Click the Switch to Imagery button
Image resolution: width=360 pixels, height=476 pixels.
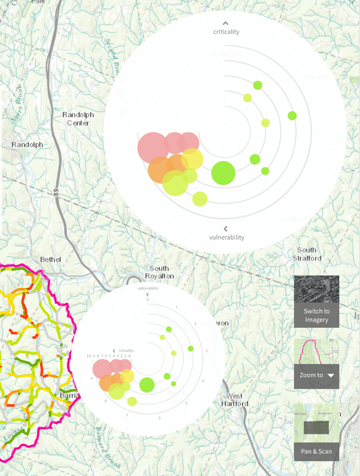pyautogui.click(x=316, y=315)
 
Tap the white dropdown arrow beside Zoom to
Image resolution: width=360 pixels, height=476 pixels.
pyautogui.click(x=331, y=375)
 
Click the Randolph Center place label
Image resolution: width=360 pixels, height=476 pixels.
pyautogui.click(x=78, y=119)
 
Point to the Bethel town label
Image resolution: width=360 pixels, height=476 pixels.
pyautogui.click(x=51, y=259)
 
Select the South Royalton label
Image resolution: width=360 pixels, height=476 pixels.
pyautogui.click(x=159, y=272)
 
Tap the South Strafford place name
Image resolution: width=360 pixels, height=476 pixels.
pyautogui.click(x=307, y=254)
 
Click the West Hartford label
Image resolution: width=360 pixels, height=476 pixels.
pyautogui.click(x=234, y=400)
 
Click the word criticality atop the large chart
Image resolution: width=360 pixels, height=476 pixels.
pyautogui.click(x=226, y=32)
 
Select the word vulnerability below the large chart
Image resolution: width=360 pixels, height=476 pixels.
pyautogui.click(x=226, y=237)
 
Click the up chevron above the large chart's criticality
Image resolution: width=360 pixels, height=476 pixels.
pyautogui.click(x=225, y=23)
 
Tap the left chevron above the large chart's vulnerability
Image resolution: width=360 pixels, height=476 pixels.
pyautogui.click(x=225, y=229)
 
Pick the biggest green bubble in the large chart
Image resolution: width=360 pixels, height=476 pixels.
pyautogui.click(x=223, y=173)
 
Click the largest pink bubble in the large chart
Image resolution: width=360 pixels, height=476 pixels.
pyautogui.click(x=153, y=148)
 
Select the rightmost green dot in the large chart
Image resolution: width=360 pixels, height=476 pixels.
pyautogui.click(x=292, y=115)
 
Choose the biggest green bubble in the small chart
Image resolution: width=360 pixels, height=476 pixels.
pyautogui.click(x=147, y=385)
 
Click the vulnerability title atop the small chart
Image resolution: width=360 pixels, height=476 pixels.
pyautogui.click(x=148, y=288)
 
